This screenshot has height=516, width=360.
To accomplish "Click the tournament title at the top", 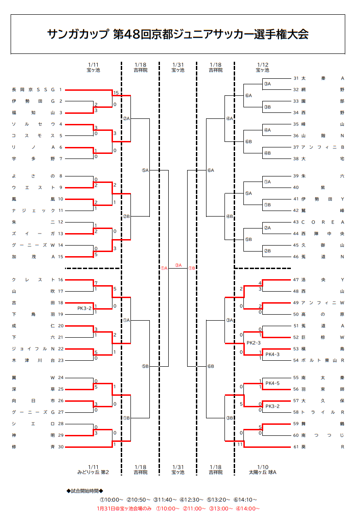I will point(177,34).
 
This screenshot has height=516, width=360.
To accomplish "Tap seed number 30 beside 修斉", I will point(61,447).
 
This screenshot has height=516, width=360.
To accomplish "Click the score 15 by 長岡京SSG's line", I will point(116,93).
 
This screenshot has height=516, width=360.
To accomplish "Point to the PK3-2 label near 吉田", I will point(84,308).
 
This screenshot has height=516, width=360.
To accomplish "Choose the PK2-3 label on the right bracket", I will point(254,343).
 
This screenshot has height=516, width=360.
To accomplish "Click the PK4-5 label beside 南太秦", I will point(272,383).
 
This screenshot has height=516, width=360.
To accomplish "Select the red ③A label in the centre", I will point(178,265).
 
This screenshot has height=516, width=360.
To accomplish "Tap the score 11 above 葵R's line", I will point(240,444).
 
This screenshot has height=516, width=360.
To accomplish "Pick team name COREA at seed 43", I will point(323,222).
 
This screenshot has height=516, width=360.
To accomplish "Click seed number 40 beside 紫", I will point(296,188).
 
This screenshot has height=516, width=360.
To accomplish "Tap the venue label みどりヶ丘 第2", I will point(93,472).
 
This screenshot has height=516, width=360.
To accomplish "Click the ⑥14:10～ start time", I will point(245,499).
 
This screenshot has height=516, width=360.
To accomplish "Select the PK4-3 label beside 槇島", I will point(272,354).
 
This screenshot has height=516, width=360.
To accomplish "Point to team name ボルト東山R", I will point(323,360).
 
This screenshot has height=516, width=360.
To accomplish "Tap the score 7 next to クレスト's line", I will point(96,283).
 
